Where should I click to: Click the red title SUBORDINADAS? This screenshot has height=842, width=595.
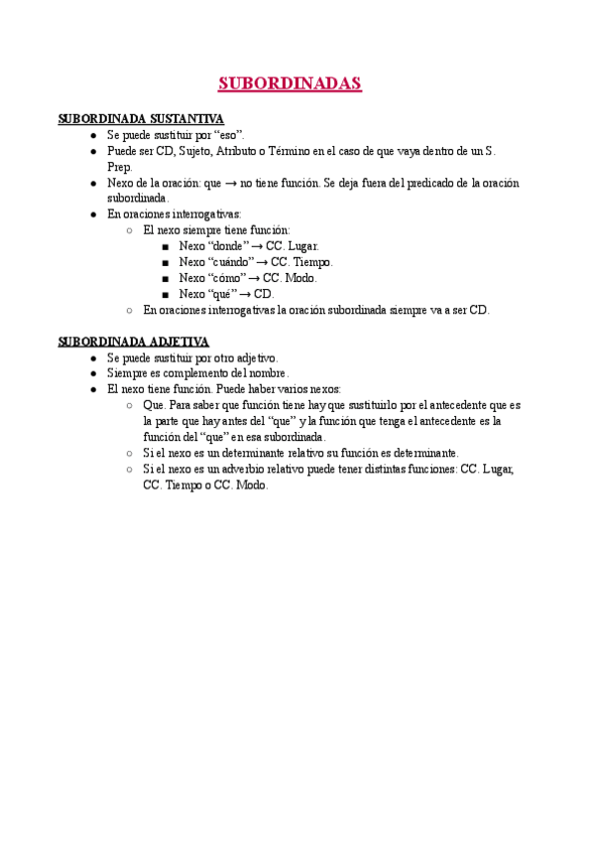click(x=290, y=83)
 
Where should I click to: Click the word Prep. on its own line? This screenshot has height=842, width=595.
click(x=119, y=167)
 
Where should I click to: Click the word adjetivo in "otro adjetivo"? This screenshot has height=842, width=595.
click(x=253, y=357)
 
